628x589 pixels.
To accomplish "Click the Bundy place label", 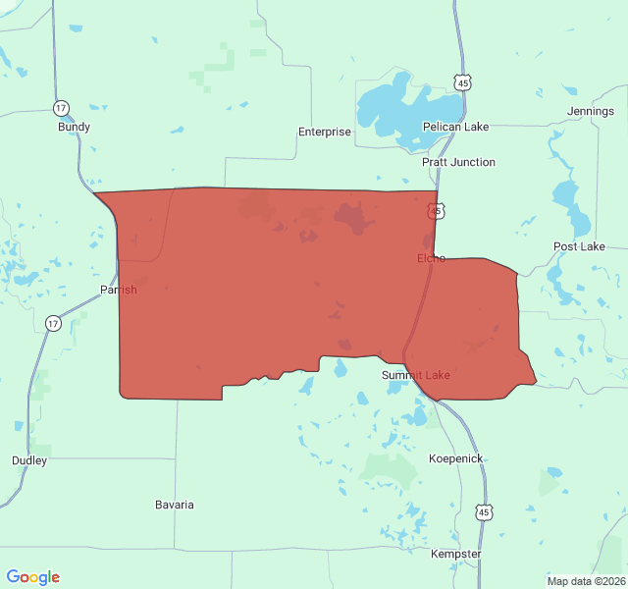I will tap(74, 127).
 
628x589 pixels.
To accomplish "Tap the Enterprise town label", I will tap(324, 132).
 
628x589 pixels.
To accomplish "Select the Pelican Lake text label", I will tap(455, 127).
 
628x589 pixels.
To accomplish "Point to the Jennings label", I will tap(591, 112).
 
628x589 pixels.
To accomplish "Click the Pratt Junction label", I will tap(458, 162).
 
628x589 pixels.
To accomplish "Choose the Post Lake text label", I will tap(579, 246).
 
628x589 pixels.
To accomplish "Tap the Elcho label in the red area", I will tap(431, 258).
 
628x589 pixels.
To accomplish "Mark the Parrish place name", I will tap(119, 290).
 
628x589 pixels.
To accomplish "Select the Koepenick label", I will tap(455, 458).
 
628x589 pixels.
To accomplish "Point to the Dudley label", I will tap(29, 460).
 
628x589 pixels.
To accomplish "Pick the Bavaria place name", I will tap(175, 505).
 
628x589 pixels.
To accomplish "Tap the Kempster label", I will tap(456, 554).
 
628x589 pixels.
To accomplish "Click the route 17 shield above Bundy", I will tap(62, 108).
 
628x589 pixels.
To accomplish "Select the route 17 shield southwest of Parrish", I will tap(53, 323).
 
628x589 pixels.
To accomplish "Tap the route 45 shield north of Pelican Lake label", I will tap(463, 83).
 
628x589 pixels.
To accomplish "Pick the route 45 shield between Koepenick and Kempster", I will tap(484, 512).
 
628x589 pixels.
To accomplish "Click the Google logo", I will tap(32, 577).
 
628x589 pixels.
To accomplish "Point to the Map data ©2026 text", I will tap(584, 581).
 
